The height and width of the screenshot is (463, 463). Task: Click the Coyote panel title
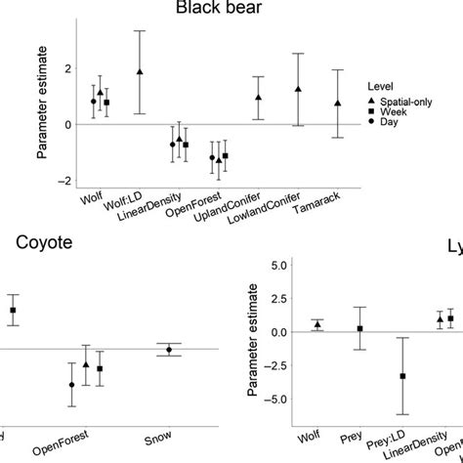coord(36,244)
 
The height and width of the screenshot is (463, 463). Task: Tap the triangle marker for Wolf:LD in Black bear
coord(140,72)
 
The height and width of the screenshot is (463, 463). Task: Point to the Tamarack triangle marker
coord(338,103)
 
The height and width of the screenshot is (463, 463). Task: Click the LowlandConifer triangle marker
coord(298,89)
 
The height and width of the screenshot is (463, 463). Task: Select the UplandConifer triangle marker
coord(258,98)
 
